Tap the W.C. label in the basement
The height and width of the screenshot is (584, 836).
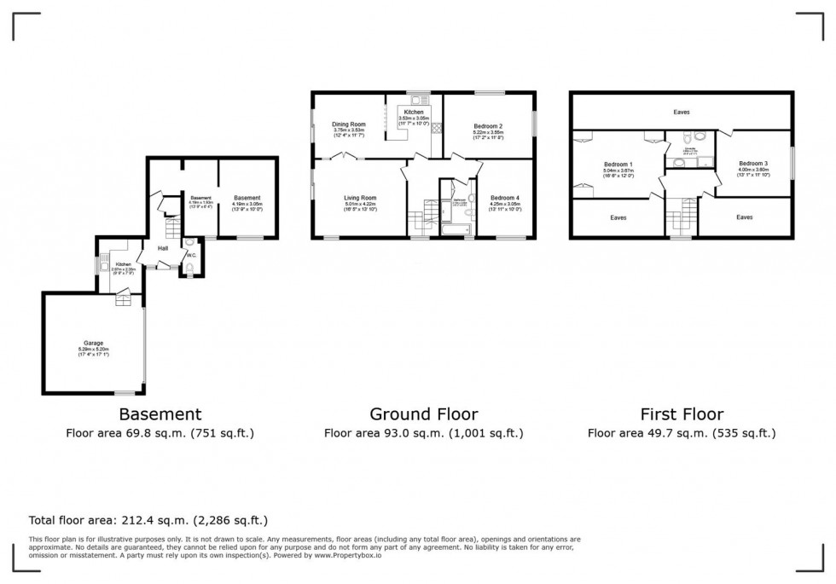pos(191,255)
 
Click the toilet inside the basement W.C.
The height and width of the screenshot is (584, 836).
pos(189,269)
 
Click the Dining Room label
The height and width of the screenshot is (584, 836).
pos(348,124)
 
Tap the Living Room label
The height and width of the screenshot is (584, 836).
pos(358,197)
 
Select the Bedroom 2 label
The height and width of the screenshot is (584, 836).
pos(488,125)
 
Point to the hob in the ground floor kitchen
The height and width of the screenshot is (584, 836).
pos(436,128)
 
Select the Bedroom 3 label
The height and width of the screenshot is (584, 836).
pos(753,163)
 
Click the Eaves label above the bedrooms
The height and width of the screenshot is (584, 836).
pos(681,112)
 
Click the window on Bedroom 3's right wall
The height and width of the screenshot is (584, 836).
pos(792,163)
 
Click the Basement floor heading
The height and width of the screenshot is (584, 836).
pos(160,414)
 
